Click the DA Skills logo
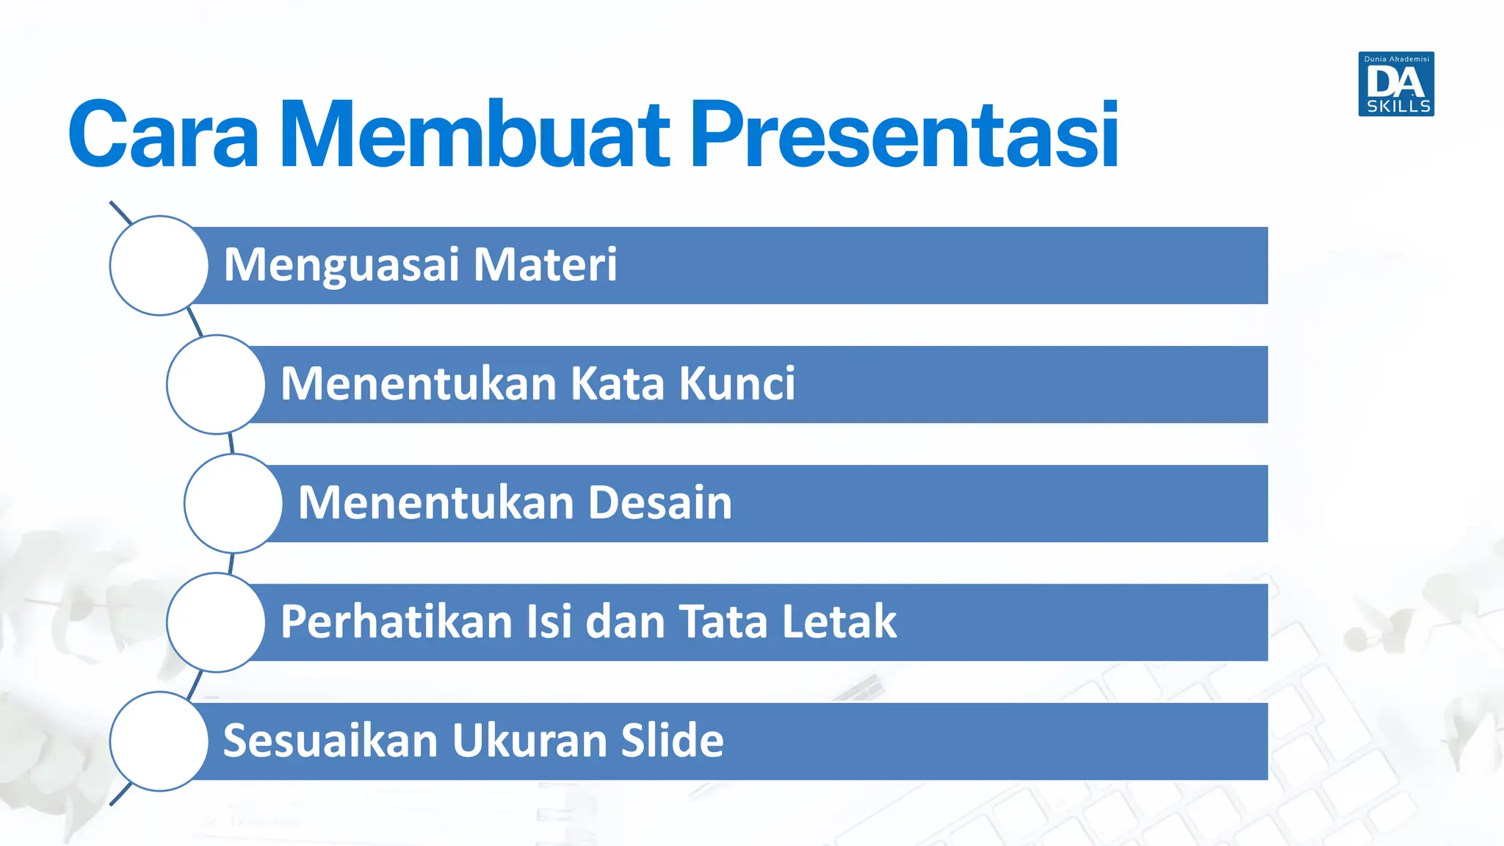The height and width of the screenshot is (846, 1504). [1396, 84]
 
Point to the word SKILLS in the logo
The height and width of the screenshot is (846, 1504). [1398, 106]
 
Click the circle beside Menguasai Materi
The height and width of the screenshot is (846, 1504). [159, 265]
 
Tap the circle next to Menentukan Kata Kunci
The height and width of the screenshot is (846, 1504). [216, 384]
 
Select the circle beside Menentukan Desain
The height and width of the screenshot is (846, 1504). [234, 503]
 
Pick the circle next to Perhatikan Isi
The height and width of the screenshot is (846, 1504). [216, 622]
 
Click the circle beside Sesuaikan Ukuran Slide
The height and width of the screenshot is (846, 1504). [159, 741]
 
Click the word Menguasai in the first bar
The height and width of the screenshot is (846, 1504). [341, 266]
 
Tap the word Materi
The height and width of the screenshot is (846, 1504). [545, 264]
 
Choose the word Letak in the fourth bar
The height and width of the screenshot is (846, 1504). [839, 621]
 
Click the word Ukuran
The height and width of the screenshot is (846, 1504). [529, 740]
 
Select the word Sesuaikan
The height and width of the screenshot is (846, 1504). [330, 740]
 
